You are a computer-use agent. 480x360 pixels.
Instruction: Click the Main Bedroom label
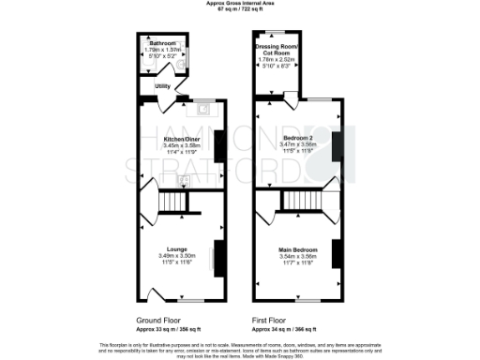299,248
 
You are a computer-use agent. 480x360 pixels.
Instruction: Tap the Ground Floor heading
157,321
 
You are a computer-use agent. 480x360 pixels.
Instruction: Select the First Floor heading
271,321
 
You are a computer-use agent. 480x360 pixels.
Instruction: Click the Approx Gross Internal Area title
239,4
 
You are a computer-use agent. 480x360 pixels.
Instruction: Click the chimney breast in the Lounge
218,254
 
